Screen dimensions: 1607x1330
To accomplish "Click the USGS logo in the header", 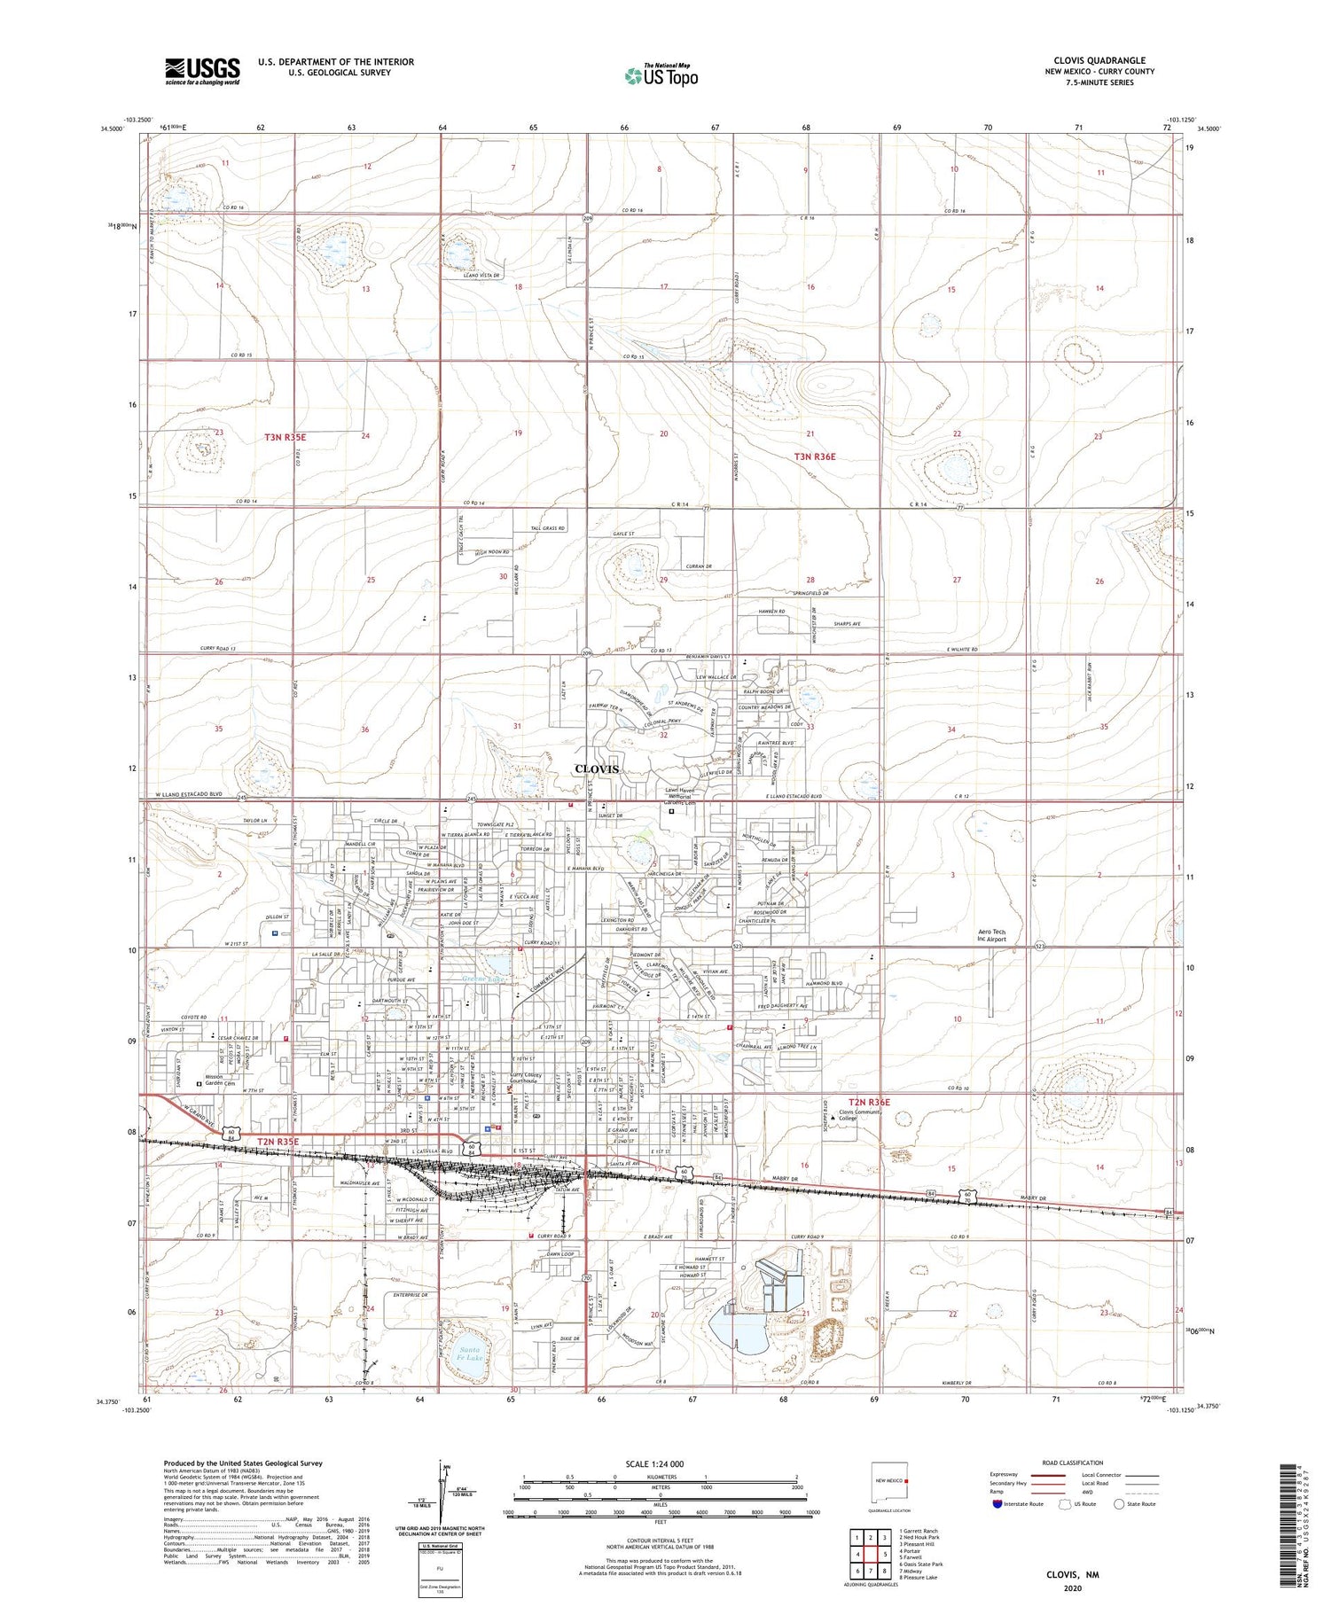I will pyautogui.click(x=202, y=71).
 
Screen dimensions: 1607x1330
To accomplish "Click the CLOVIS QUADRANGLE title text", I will pyautogui.click(x=1099, y=61).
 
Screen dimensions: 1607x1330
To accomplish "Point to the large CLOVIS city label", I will pyautogui.click(x=597, y=768).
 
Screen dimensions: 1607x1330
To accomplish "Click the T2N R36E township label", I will pyautogui.click(x=874, y=1102).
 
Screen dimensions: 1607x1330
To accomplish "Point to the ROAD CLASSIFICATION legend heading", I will pyautogui.click(x=1073, y=1463).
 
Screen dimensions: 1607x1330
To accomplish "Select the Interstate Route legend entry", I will pyautogui.click(x=1019, y=1503).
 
